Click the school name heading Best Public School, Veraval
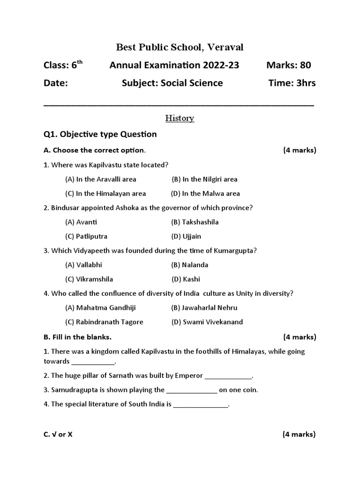click(x=180, y=47)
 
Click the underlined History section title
click(x=180, y=119)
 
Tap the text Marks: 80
click(x=288, y=65)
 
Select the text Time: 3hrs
click(x=292, y=83)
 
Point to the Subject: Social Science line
click(x=172, y=83)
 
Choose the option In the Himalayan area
click(x=105, y=193)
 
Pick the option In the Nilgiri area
click(x=204, y=179)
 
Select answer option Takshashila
click(x=195, y=222)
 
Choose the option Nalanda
click(x=190, y=265)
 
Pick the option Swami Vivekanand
click(x=207, y=322)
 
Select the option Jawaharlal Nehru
click(x=204, y=308)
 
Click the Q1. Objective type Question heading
click(x=100, y=135)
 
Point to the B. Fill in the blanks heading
click(x=77, y=337)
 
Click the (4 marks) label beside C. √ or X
click(x=299, y=435)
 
